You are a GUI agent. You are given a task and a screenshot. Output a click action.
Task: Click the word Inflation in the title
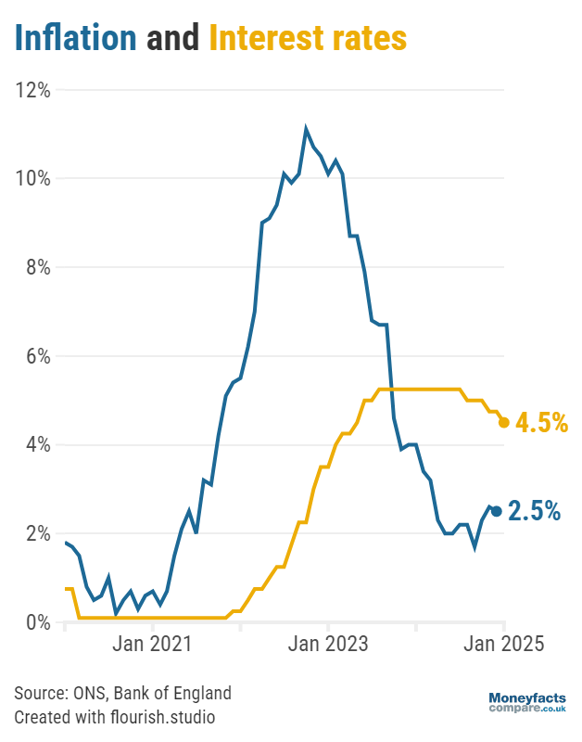[76, 37]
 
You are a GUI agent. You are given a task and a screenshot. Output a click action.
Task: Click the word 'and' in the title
[173, 38]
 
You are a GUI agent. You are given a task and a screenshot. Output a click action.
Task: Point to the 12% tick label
[32, 89]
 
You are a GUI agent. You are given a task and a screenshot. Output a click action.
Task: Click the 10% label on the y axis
[32, 178]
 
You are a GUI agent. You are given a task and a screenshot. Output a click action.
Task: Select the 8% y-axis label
[38, 267]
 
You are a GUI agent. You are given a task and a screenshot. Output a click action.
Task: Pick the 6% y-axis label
[38, 356]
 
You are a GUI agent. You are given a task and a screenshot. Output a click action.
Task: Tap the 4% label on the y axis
[38, 445]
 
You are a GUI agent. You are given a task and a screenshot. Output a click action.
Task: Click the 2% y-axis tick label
[38, 533]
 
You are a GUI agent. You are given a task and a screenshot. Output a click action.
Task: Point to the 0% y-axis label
[38, 622]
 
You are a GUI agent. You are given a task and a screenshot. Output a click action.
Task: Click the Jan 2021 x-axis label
[152, 644]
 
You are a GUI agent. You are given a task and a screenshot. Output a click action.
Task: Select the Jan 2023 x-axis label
[328, 644]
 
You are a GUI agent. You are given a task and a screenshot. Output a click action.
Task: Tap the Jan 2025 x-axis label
[504, 644]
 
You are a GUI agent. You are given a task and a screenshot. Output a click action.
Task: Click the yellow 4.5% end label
[541, 423]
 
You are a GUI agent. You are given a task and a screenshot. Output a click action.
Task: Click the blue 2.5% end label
[534, 511]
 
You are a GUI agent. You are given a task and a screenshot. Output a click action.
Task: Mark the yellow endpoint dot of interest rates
[504, 423]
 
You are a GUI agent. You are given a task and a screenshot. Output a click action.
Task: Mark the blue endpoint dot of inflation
[497, 511]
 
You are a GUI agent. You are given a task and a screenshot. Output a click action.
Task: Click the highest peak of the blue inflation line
[306, 129]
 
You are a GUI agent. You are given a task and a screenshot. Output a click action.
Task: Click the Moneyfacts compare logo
[527, 703]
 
